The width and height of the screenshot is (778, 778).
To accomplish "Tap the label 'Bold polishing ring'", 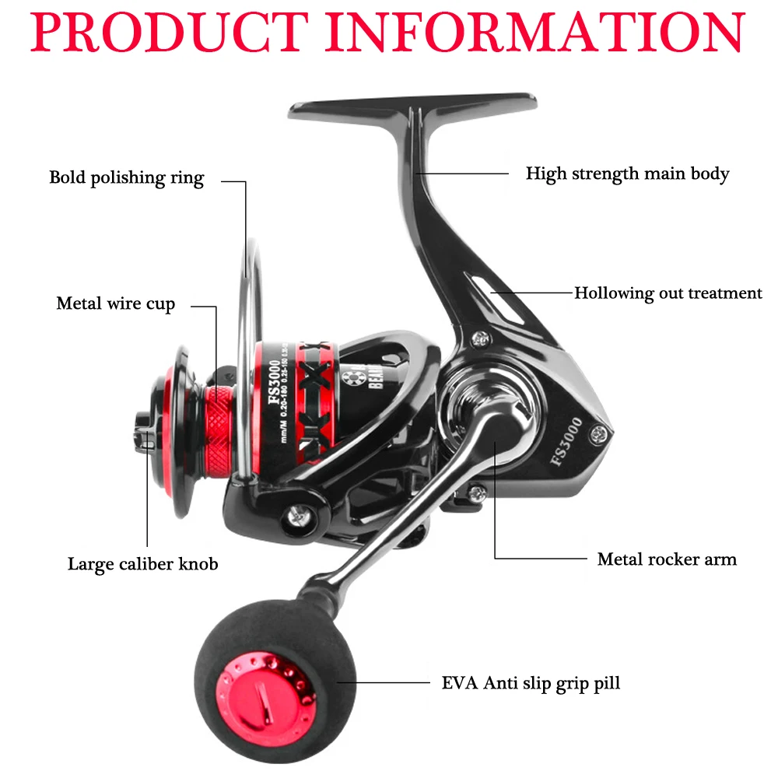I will [126, 178].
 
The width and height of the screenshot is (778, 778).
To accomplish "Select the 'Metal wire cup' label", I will [116, 303].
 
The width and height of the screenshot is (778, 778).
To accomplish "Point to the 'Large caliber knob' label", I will [142, 564].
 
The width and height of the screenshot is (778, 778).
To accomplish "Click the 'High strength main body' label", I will [627, 173].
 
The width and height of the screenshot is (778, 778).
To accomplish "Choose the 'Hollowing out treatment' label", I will [668, 293].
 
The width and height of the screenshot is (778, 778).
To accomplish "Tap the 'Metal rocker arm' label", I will [667, 559].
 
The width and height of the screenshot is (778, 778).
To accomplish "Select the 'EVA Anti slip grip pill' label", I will [531, 684].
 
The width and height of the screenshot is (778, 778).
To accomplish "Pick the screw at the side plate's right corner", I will [599, 432].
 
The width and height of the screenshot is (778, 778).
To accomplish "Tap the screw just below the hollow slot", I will [484, 339].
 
